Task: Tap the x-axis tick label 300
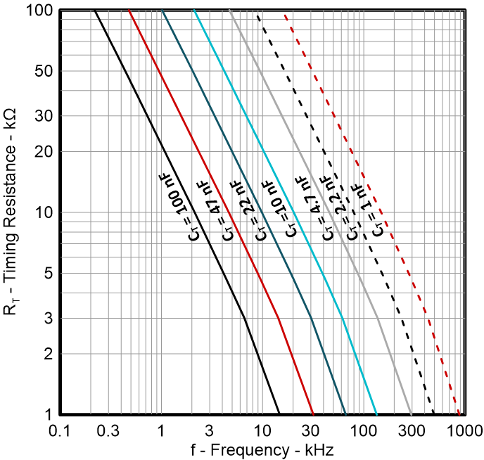point(412,430)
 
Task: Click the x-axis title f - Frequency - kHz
point(262,449)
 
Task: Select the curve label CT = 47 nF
point(212,209)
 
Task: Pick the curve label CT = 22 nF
point(245,209)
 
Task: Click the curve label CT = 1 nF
point(370,210)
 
